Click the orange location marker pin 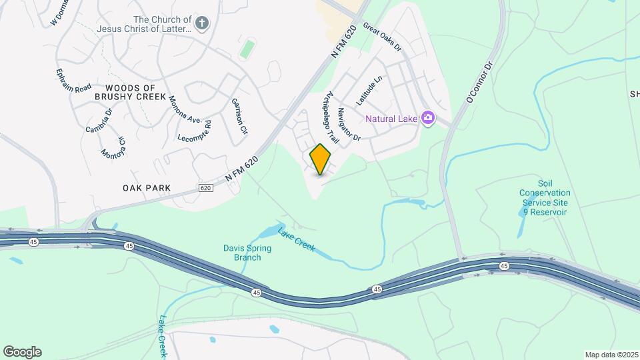pyautogui.click(x=321, y=159)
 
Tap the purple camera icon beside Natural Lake pyautogui.click(x=428, y=119)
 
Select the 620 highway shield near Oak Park pyautogui.click(x=205, y=189)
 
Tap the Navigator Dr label pyautogui.click(x=348, y=125)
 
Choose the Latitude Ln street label pyautogui.click(x=369, y=90)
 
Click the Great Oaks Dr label pyautogui.click(x=382, y=38)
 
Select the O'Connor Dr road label pyautogui.click(x=479, y=82)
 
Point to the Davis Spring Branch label pyautogui.click(x=247, y=253)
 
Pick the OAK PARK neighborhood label pyautogui.click(x=147, y=188)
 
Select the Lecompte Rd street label pyautogui.click(x=195, y=129)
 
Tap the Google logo pyautogui.click(x=22, y=352)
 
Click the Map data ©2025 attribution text pyautogui.click(x=611, y=355)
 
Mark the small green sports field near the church pyautogui.click(x=247, y=48)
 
